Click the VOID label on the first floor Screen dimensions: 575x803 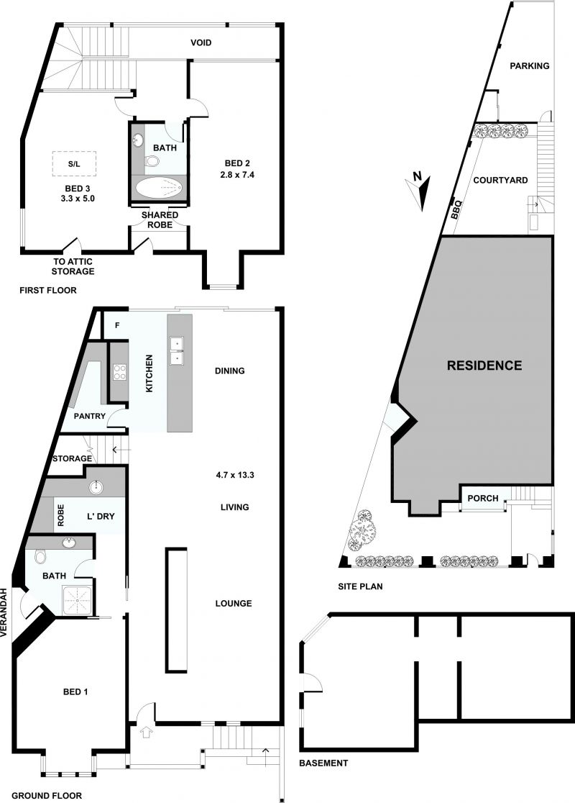pyautogui.click(x=201, y=42)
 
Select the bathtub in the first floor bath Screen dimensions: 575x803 pyautogui.click(x=159, y=187)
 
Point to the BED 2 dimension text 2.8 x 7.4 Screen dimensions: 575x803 pyautogui.click(x=237, y=175)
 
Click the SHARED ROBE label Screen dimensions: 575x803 pyautogui.click(x=160, y=219)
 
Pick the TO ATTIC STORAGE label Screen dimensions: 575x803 pyautogui.click(x=73, y=266)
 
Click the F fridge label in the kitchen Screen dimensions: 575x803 pyautogui.click(x=117, y=325)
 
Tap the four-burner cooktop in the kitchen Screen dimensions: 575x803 pyautogui.click(x=119, y=372)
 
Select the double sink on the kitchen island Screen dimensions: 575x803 pyautogui.click(x=177, y=350)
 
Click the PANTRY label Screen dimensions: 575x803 pyautogui.click(x=90, y=416)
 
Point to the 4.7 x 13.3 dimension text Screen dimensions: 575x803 pyautogui.click(x=235, y=475)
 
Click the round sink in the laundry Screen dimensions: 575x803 pyautogui.click(x=96, y=488)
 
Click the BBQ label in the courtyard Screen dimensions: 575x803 pyautogui.click(x=456, y=210)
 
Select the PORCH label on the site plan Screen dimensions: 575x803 pyautogui.click(x=483, y=498)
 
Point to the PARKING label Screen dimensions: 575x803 pyautogui.click(x=530, y=65)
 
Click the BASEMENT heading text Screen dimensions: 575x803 pyautogui.click(x=323, y=763)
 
